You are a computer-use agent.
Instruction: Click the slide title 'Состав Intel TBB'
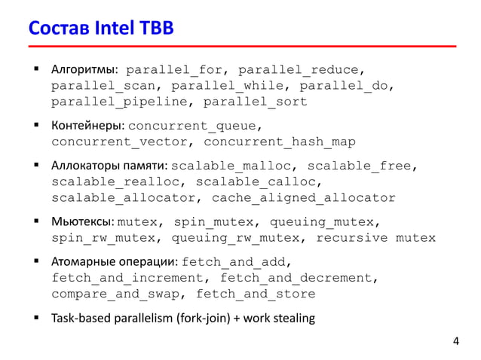[101, 29]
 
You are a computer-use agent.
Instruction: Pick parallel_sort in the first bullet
[256, 101]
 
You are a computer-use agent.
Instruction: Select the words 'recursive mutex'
[375, 238]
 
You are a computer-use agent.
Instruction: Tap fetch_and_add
[236, 262]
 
